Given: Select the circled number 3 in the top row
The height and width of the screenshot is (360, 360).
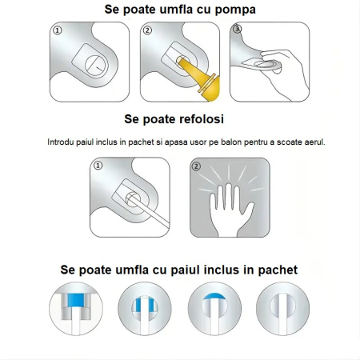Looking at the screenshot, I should [235, 30].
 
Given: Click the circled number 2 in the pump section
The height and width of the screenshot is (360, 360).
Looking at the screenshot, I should [147, 30].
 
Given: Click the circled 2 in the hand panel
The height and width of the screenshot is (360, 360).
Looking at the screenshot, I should [198, 166].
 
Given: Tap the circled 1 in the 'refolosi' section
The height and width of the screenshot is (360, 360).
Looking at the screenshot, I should [98, 166].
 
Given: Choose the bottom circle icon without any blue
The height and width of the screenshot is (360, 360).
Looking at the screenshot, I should [281, 313].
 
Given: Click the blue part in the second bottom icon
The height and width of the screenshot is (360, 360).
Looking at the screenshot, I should [144, 304].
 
